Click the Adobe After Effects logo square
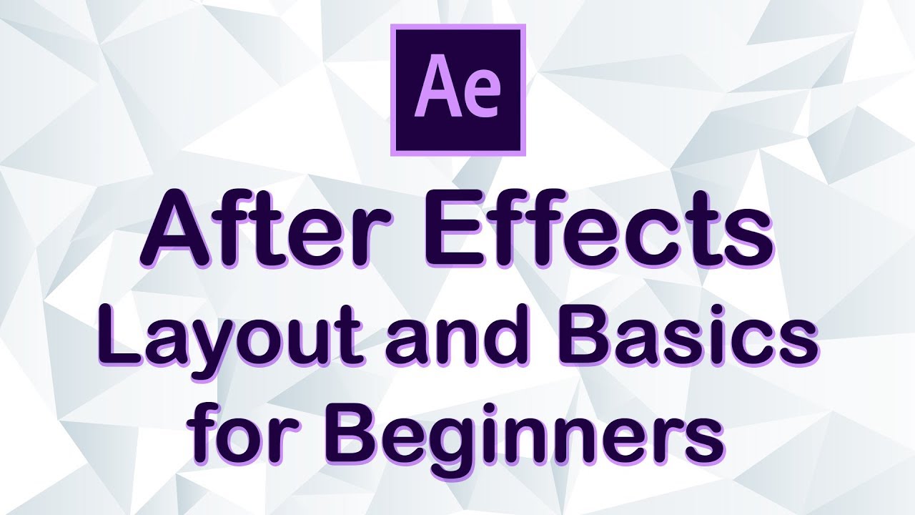(458, 89)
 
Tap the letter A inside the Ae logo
(436, 90)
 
